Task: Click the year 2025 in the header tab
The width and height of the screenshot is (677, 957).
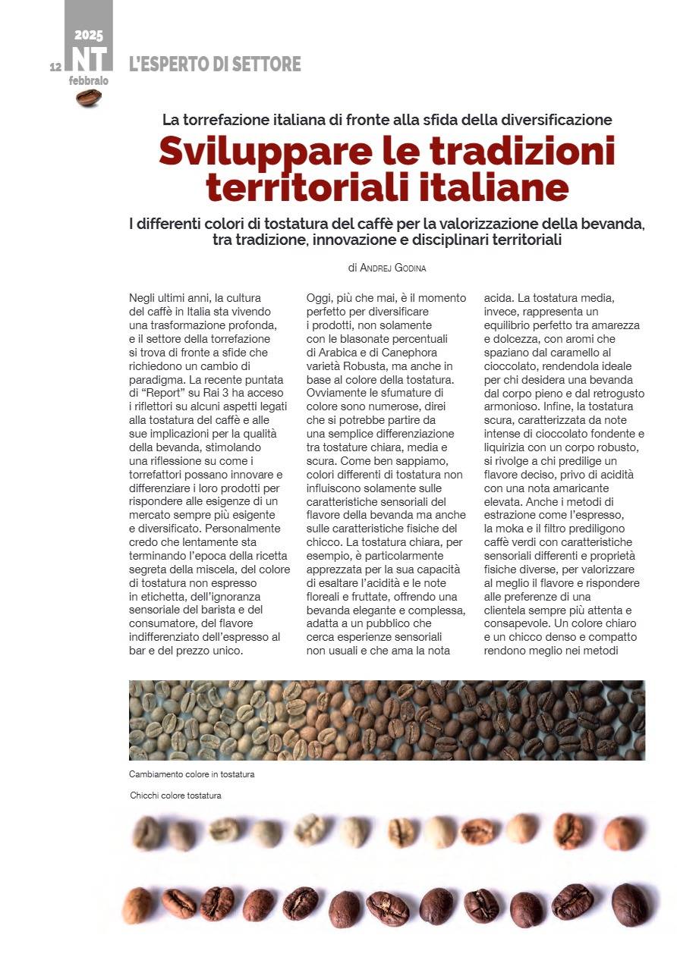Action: coord(89,36)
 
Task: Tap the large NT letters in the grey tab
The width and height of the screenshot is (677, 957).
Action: coord(89,60)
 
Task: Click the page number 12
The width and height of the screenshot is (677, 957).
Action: coord(55,67)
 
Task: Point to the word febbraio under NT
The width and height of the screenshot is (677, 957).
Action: coord(89,80)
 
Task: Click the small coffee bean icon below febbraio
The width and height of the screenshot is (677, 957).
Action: coord(89,98)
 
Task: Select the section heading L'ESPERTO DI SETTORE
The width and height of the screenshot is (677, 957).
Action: coord(215,64)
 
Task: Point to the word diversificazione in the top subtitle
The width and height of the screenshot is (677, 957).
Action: coord(547,119)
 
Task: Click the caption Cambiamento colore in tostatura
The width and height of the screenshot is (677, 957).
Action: coord(191,774)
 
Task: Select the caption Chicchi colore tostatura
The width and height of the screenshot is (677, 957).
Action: coord(175,795)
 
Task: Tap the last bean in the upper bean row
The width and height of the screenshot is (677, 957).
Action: coord(621,833)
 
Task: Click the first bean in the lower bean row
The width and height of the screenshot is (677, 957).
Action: coord(137,905)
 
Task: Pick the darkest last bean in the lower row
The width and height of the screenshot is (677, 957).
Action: coord(630,905)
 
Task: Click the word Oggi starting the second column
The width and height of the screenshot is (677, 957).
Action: coord(320,298)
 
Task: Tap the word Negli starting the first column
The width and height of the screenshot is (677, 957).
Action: coord(144,298)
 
